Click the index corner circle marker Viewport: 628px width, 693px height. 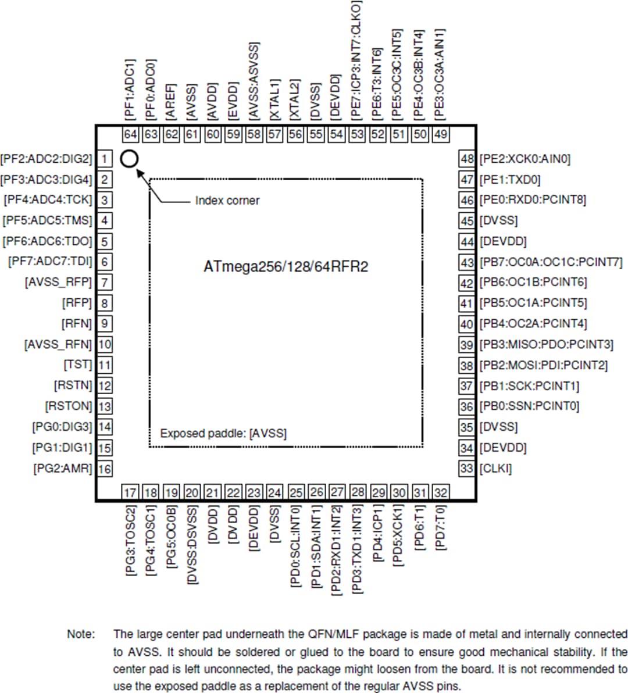click(129, 158)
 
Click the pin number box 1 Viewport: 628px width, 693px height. click(104, 159)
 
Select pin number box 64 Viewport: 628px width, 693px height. click(130, 134)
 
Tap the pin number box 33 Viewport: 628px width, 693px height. click(467, 469)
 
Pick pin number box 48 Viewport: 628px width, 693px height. click(467, 159)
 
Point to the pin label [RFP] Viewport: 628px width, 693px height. click(77, 303)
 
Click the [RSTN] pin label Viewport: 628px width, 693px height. click(73, 385)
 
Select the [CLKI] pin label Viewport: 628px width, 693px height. click(496, 469)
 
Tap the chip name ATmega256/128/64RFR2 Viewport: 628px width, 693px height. click(286, 267)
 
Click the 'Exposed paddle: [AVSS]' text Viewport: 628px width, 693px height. click(223, 433)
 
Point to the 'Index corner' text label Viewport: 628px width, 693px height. click(227, 201)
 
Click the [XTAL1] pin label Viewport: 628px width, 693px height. click(274, 101)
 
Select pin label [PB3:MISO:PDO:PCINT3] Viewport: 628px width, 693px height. click(546, 344)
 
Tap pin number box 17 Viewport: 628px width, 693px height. click(130, 493)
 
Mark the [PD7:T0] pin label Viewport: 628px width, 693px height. click(441, 527)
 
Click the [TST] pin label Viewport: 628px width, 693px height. click(78, 365)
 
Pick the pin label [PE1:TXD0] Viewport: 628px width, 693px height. click(510, 179)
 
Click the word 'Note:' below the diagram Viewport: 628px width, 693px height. click(81, 634)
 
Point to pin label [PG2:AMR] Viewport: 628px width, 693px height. click(63, 469)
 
